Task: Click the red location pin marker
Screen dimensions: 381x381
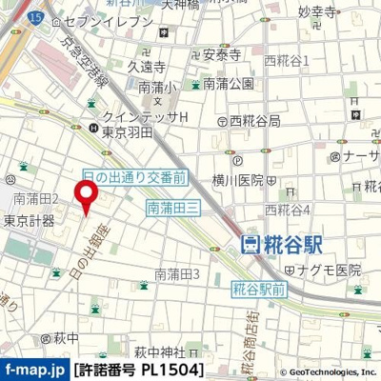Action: [87, 197]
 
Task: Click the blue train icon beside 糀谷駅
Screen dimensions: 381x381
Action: [251, 245]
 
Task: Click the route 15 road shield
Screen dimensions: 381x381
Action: [36, 17]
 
